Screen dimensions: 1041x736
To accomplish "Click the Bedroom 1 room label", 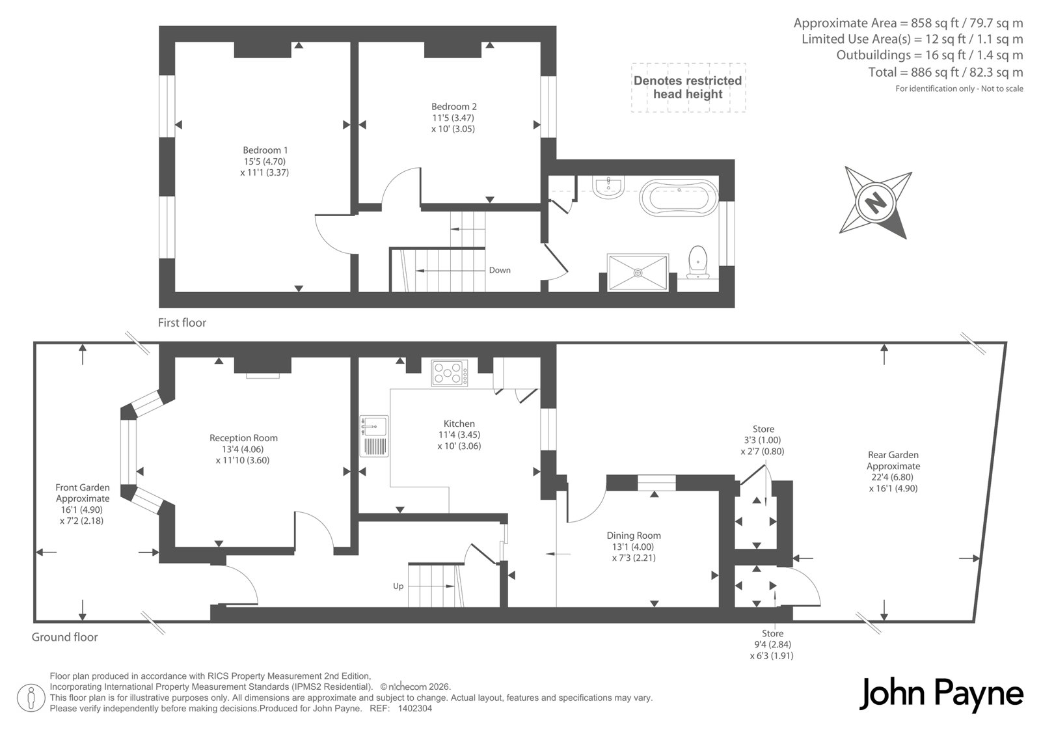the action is pos(265,150).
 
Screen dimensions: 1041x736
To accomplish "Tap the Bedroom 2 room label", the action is pos(453,107).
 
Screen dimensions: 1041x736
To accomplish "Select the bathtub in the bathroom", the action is pos(679,197).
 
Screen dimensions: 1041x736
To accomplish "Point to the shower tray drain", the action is pos(638,273).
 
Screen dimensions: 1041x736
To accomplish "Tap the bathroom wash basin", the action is pos(608,187).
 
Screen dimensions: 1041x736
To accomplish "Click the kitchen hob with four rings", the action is pos(450,373).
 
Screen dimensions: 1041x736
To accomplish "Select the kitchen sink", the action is pos(374,436).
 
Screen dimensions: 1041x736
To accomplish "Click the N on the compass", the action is pos(875,203).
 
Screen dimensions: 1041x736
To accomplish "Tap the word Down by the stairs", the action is pos(500,270).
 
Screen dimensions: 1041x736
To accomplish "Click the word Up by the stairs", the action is pos(398,586).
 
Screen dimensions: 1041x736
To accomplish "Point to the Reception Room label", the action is pos(243,438).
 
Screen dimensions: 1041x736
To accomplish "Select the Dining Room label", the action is pos(634,536).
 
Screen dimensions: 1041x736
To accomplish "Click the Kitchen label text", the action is pos(459,424).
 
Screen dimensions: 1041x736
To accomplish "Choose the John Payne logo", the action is pos(941,694).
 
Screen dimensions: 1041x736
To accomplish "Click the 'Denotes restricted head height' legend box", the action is pos(688,87).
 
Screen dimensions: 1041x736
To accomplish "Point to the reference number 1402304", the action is pos(415,709).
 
